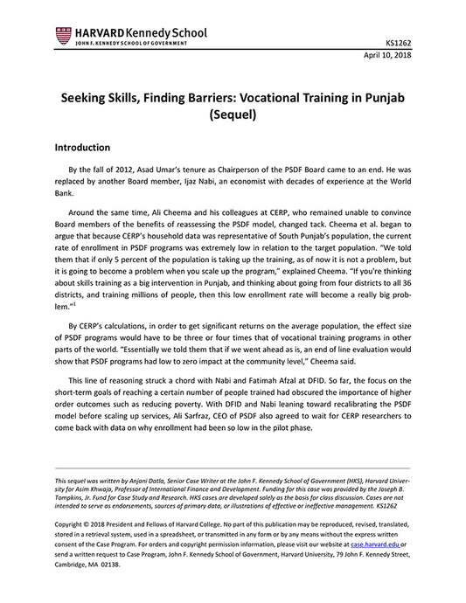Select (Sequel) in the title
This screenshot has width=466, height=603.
[233, 113]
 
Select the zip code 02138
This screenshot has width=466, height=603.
[109, 565]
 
